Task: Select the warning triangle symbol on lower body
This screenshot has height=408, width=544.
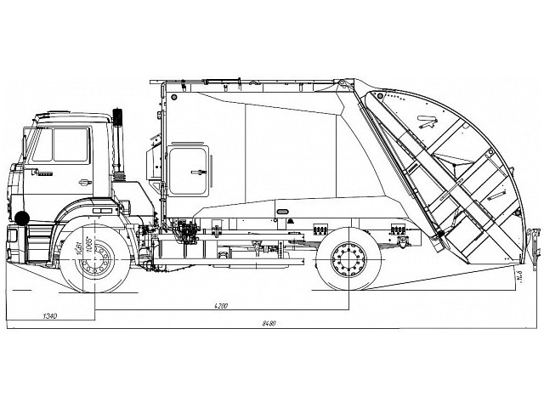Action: click(x=291, y=219)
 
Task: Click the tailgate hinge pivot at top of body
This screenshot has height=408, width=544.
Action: click(x=341, y=83)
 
